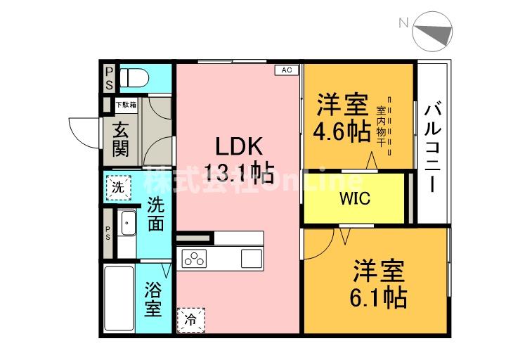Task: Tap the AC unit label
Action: (x=287, y=70)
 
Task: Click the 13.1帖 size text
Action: (x=239, y=171)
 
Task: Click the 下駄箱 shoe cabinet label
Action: (x=126, y=105)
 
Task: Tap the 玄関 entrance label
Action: (x=121, y=139)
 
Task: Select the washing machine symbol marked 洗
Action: (x=119, y=187)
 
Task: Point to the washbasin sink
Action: (x=127, y=226)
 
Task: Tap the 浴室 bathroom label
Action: (x=154, y=299)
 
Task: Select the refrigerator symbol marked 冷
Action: (x=192, y=320)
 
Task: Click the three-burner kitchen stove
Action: (x=193, y=258)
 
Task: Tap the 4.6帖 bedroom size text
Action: (x=343, y=132)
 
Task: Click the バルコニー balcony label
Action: (x=433, y=148)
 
